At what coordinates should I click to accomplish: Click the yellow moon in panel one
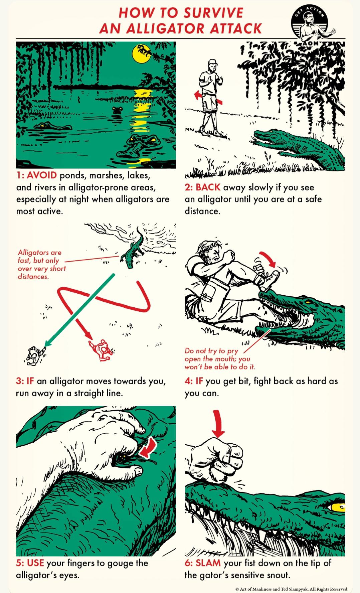[142, 54]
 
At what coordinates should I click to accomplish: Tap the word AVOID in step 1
[41, 175]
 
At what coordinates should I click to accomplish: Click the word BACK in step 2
[208, 187]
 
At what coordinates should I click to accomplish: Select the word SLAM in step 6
[208, 563]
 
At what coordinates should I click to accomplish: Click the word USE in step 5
[35, 563]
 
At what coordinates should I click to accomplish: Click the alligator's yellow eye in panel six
[338, 507]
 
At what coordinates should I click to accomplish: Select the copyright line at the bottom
[292, 589]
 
